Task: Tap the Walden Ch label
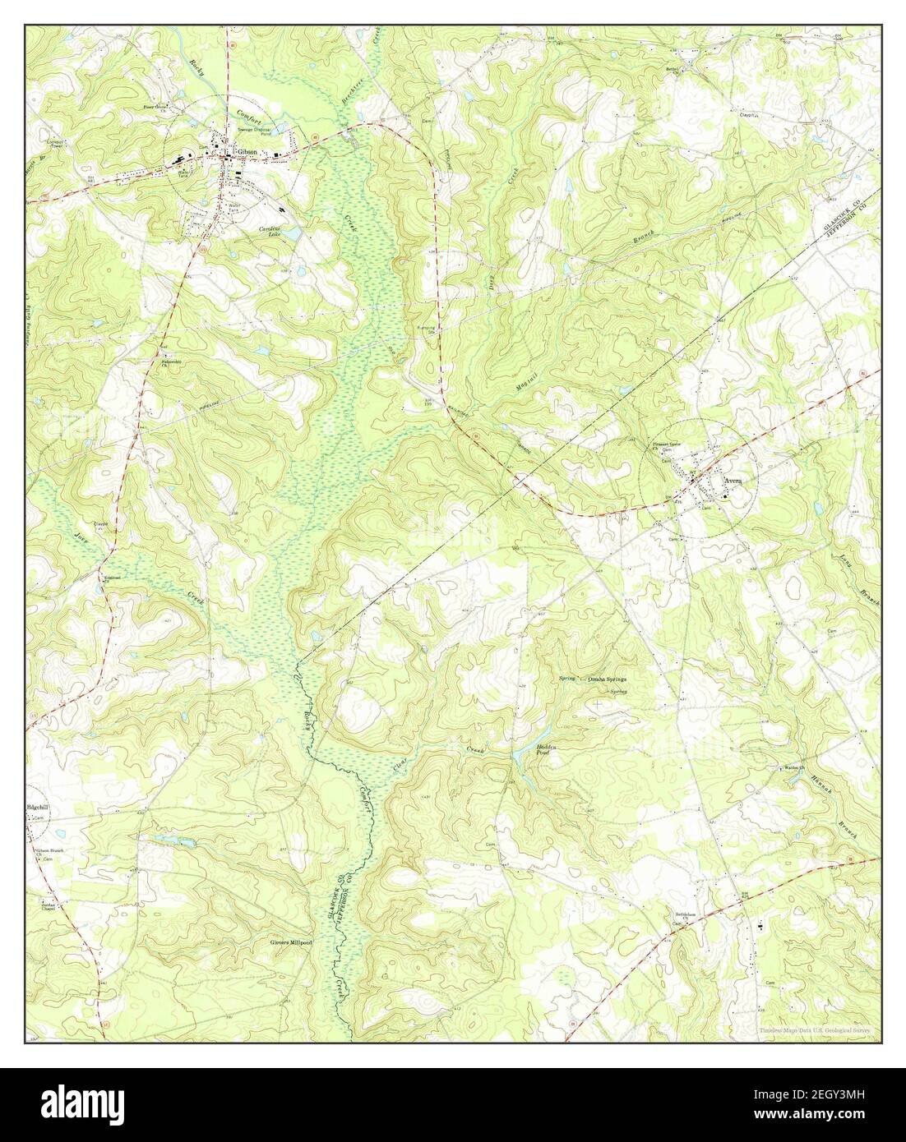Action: [x=791, y=768]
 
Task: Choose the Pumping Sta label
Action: [x=426, y=332]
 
